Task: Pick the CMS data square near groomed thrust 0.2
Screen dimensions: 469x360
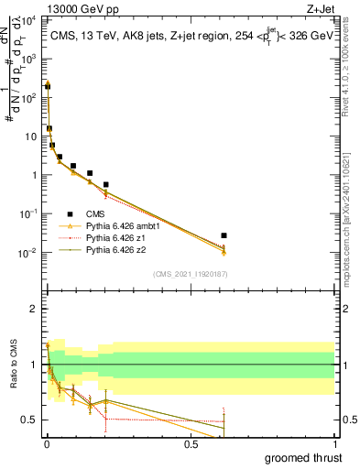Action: [106, 184]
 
